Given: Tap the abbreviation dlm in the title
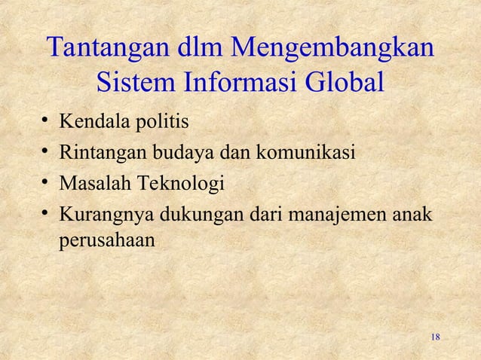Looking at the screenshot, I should click(195, 49).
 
